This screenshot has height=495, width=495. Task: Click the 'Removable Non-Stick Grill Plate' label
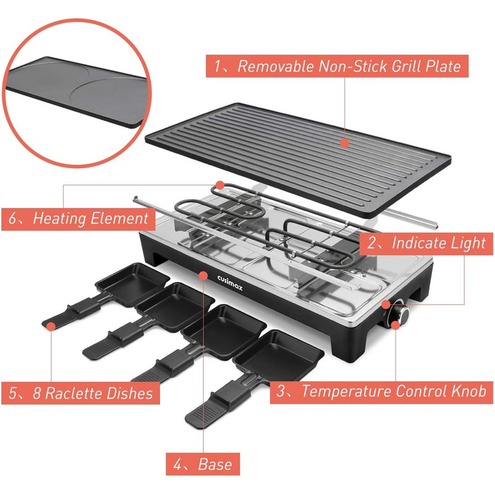coord(337,66)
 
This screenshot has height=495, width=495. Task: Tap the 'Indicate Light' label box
coord(426,244)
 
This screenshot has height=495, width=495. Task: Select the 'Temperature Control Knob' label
coord(381,392)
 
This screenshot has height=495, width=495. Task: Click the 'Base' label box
coord(203,464)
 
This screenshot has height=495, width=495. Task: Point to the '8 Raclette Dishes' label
coord(81,393)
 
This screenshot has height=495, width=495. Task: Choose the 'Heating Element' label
coord(78,219)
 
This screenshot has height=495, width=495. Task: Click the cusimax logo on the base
coord(230,283)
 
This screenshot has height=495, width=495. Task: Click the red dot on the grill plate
coord(345,144)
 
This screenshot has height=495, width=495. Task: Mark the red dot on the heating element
coord(220,185)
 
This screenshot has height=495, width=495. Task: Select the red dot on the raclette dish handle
coord(51,326)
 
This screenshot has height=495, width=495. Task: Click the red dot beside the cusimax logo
coord(204,276)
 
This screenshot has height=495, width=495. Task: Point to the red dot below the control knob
coord(395,325)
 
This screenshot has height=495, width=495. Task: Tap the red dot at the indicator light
coord(386,304)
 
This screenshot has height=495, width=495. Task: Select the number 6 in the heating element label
coord(12,219)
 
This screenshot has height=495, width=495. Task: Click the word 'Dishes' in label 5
coord(129,393)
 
